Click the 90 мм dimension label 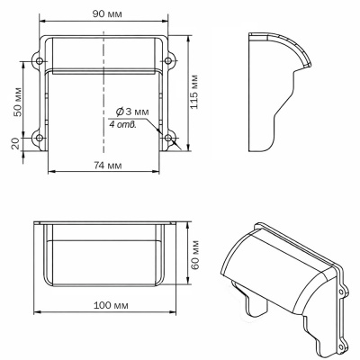107,13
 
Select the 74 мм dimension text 108,166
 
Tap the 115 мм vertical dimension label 194,92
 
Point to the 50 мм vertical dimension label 17,102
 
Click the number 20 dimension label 16,143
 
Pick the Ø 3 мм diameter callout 132,112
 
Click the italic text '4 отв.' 122,125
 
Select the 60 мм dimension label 195,255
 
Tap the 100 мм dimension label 111,306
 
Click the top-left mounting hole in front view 40,61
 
